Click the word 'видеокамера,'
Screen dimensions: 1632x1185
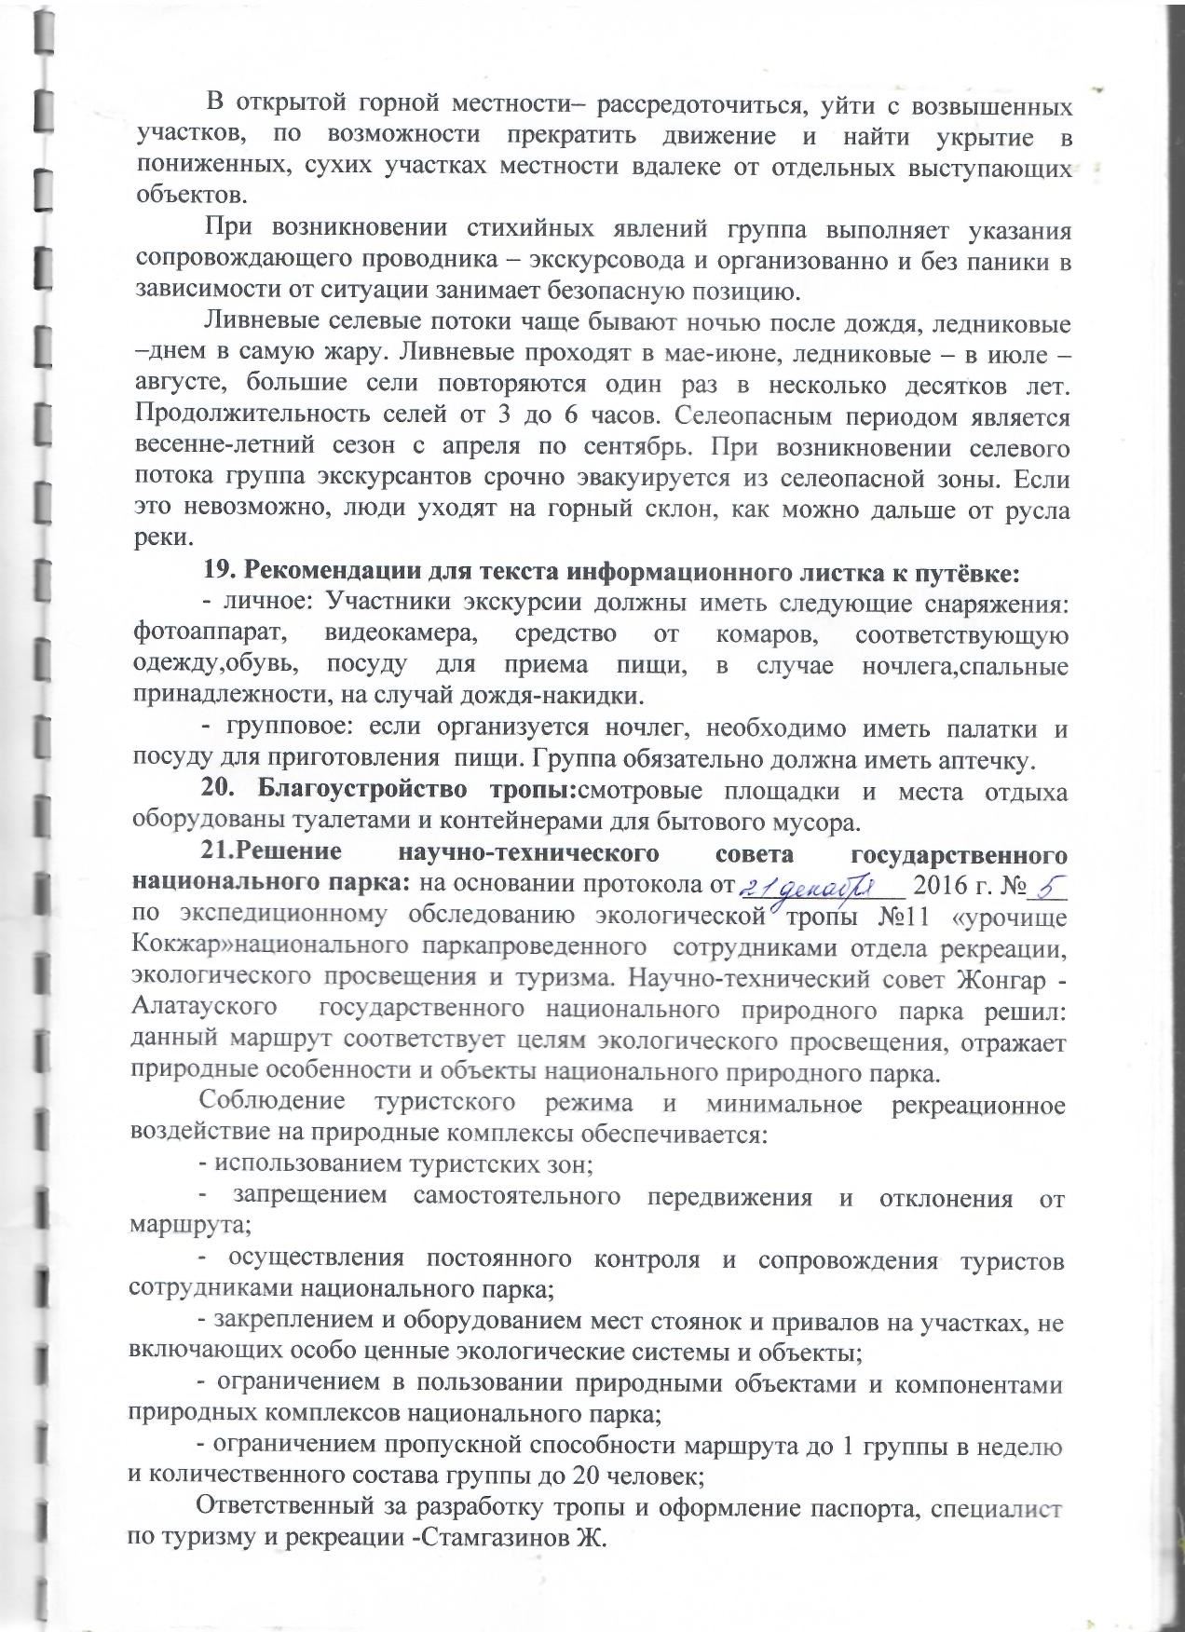pos(391,633)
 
